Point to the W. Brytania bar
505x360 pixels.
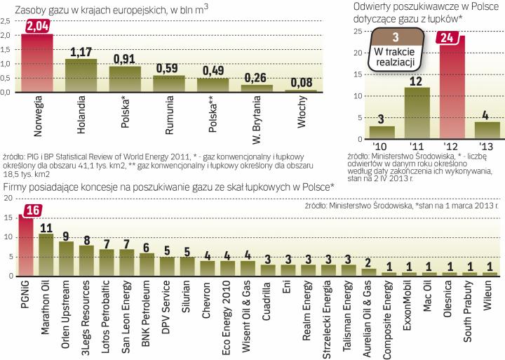pyautogui.click(x=257, y=88)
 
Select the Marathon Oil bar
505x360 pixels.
pyautogui.click(x=46, y=255)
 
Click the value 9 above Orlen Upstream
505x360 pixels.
pyautogui.click(x=66, y=236)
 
